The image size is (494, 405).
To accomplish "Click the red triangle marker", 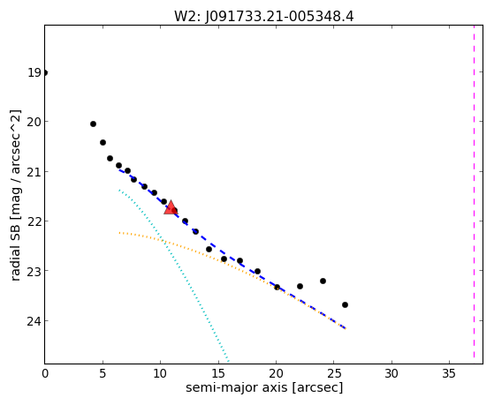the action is [171, 207].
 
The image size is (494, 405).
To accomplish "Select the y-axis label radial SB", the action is [15, 238].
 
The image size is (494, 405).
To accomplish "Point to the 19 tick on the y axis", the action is [34, 72].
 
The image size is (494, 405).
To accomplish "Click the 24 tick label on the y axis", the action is [34, 321].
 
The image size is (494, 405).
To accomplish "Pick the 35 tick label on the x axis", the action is [449, 373].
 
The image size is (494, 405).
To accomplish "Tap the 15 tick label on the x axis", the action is [217, 373].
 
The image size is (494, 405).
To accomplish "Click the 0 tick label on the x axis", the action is [45, 373].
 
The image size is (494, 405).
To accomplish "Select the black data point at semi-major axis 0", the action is [45, 72].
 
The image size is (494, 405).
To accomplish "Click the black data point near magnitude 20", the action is [94, 124].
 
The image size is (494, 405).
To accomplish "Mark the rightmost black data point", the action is [345, 304].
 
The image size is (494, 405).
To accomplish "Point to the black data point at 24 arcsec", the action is [323, 281].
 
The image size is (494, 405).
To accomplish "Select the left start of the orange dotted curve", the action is [119, 233].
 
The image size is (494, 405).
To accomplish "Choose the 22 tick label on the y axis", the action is [34, 221].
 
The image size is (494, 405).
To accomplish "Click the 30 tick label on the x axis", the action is [391, 373].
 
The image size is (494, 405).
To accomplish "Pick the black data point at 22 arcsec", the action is [300, 286].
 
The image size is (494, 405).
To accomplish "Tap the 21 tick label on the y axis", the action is [34, 172].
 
